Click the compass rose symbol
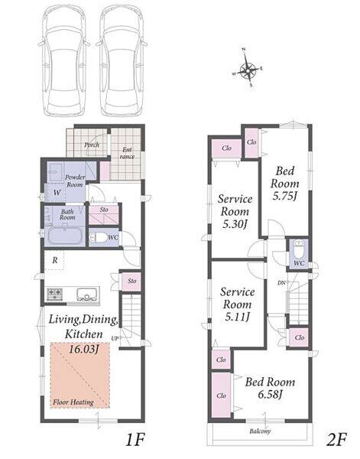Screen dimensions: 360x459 (x=248, y=68)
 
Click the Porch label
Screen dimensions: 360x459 (x=92, y=145)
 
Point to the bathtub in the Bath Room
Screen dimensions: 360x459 (x=64, y=236)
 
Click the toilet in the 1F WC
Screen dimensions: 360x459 (x=98, y=237)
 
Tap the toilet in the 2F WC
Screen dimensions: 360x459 (x=299, y=249)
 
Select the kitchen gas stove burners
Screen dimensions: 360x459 (x=55, y=294)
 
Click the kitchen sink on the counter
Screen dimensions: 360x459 (x=86, y=295)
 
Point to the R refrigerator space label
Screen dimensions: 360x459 (x=55, y=260)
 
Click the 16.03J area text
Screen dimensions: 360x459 (x=83, y=349)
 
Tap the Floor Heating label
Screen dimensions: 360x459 (x=73, y=402)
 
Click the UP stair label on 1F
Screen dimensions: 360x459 (x=115, y=338)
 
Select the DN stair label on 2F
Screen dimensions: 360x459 (x=281, y=283)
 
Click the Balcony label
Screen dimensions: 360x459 (x=260, y=431)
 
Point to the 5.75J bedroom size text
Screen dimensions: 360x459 (x=285, y=196)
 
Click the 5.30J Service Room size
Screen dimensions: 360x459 (x=235, y=224)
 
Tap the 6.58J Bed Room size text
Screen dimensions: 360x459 (x=270, y=395)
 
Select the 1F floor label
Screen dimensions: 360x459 (x=135, y=440)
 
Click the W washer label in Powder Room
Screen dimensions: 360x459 (x=57, y=193)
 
